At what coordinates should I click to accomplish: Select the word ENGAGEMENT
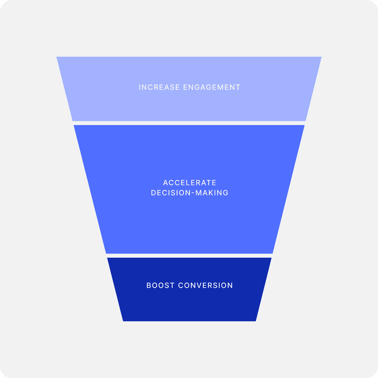point(212,87)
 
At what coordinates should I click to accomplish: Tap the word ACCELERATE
point(190,183)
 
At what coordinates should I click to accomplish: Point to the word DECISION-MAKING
point(190,193)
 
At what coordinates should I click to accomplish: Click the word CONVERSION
point(206,286)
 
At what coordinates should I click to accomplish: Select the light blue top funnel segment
point(189,104)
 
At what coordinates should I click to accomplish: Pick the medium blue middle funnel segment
point(189,220)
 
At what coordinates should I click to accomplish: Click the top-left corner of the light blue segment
point(57,57)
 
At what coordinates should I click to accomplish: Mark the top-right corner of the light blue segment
point(321,57)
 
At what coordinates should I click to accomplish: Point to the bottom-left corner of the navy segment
point(123,321)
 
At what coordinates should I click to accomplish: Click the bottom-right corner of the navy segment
point(255,321)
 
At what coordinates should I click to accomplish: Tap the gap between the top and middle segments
point(189,123)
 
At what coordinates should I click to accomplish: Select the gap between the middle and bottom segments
point(189,256)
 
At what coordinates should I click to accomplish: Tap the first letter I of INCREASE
point(140,87)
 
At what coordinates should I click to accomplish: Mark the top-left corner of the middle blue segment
point(74,126)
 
